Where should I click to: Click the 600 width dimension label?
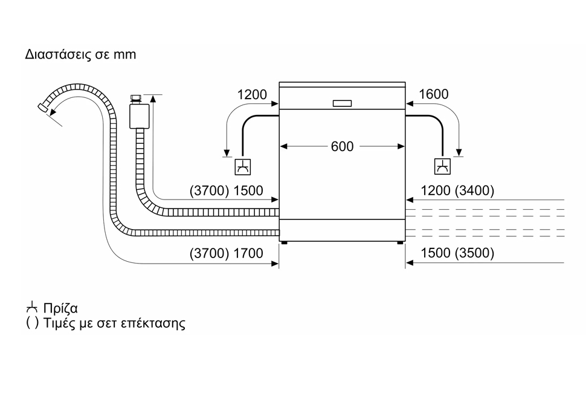342,146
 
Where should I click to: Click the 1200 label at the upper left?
252,95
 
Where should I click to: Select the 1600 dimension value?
434,94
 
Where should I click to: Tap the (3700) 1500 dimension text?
226,191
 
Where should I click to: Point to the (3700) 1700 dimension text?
226,253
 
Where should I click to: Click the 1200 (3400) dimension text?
457,190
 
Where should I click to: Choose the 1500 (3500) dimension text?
457,253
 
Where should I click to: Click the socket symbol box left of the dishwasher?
242,167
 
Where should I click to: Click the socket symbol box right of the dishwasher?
442,166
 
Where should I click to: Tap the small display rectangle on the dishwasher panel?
342,103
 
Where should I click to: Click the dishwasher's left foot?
285,243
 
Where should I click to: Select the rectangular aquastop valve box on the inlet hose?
140,116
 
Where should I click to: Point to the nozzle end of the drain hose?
43,108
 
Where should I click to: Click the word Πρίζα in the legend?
60,308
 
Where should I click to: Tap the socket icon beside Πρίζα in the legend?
32,307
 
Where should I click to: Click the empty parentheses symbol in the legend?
32,323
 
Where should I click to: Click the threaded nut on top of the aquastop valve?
136,99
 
